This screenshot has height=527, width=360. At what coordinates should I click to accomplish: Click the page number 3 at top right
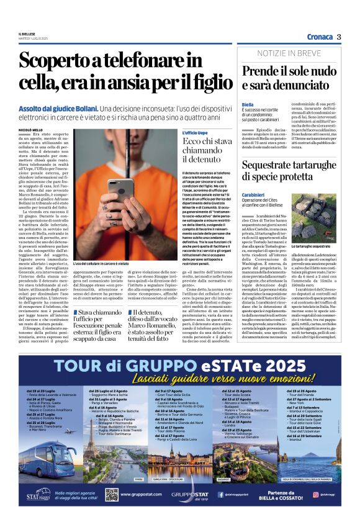(340, 37)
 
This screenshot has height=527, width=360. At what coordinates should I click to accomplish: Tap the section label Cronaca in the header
(318, 37)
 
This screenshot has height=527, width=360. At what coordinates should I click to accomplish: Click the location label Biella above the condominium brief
(248, 105)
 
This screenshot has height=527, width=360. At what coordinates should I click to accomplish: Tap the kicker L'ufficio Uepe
(194, 133)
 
